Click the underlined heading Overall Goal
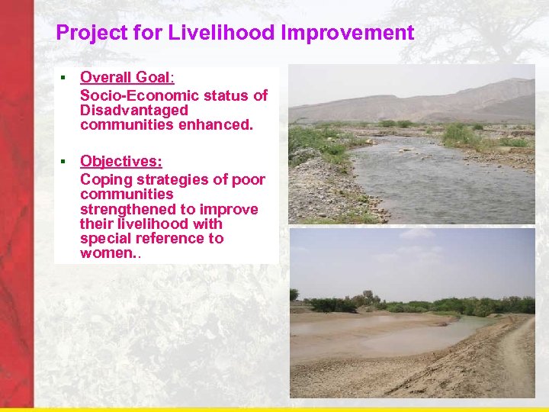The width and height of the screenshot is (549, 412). pos(127,77)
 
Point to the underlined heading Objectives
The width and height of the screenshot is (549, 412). pos(120,161)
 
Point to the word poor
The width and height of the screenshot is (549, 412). pos(248,180)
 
